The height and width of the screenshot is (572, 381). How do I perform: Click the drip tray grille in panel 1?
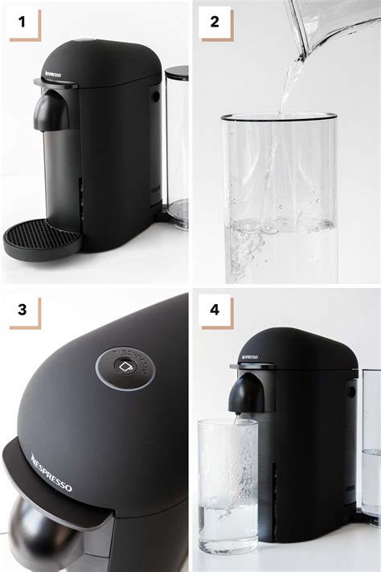[43, 237]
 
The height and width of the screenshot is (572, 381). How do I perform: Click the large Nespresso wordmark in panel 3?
[51, 472]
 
